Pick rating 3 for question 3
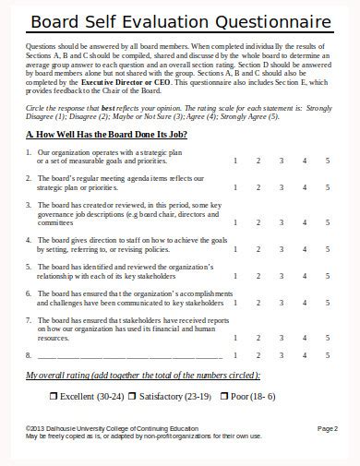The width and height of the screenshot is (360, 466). point(281,221)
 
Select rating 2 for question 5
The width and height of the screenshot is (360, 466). point(258,275)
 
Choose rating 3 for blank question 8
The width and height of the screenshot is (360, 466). point(281,355)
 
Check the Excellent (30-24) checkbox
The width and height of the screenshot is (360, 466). point(53,396)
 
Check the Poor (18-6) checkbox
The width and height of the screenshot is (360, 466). point(222,396)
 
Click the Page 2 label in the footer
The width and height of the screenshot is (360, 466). point(328,428)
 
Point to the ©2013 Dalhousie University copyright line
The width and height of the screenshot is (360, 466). point(112,428)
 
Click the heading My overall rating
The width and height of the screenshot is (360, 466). point(143,375)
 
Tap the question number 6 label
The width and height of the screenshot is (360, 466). point(29,293)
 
